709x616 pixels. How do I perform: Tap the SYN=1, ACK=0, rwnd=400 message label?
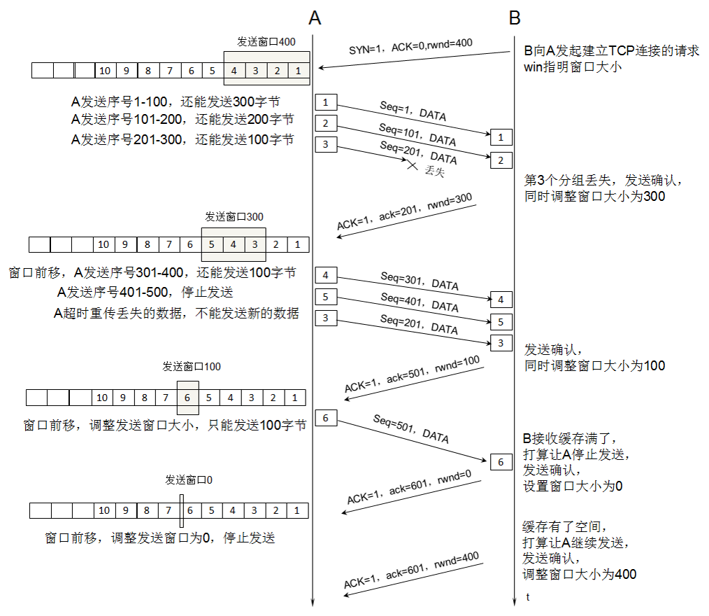click(x=410, y=48)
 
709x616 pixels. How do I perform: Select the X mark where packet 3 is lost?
click(x=412, y=165)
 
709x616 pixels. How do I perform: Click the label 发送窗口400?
click(x=266, y=42)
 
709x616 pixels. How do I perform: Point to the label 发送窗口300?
click(x=234, y=217)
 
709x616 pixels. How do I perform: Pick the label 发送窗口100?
click(x=192, y=366)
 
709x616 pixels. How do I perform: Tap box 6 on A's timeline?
click(x=326, y=418)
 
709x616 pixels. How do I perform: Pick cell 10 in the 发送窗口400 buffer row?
click(x=105, y=70)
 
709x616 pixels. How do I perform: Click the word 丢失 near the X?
click(x=434, y=171)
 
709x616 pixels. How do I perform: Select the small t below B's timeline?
click(x=528, y=597)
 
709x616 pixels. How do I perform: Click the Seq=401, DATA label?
click(x=420, y=302)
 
